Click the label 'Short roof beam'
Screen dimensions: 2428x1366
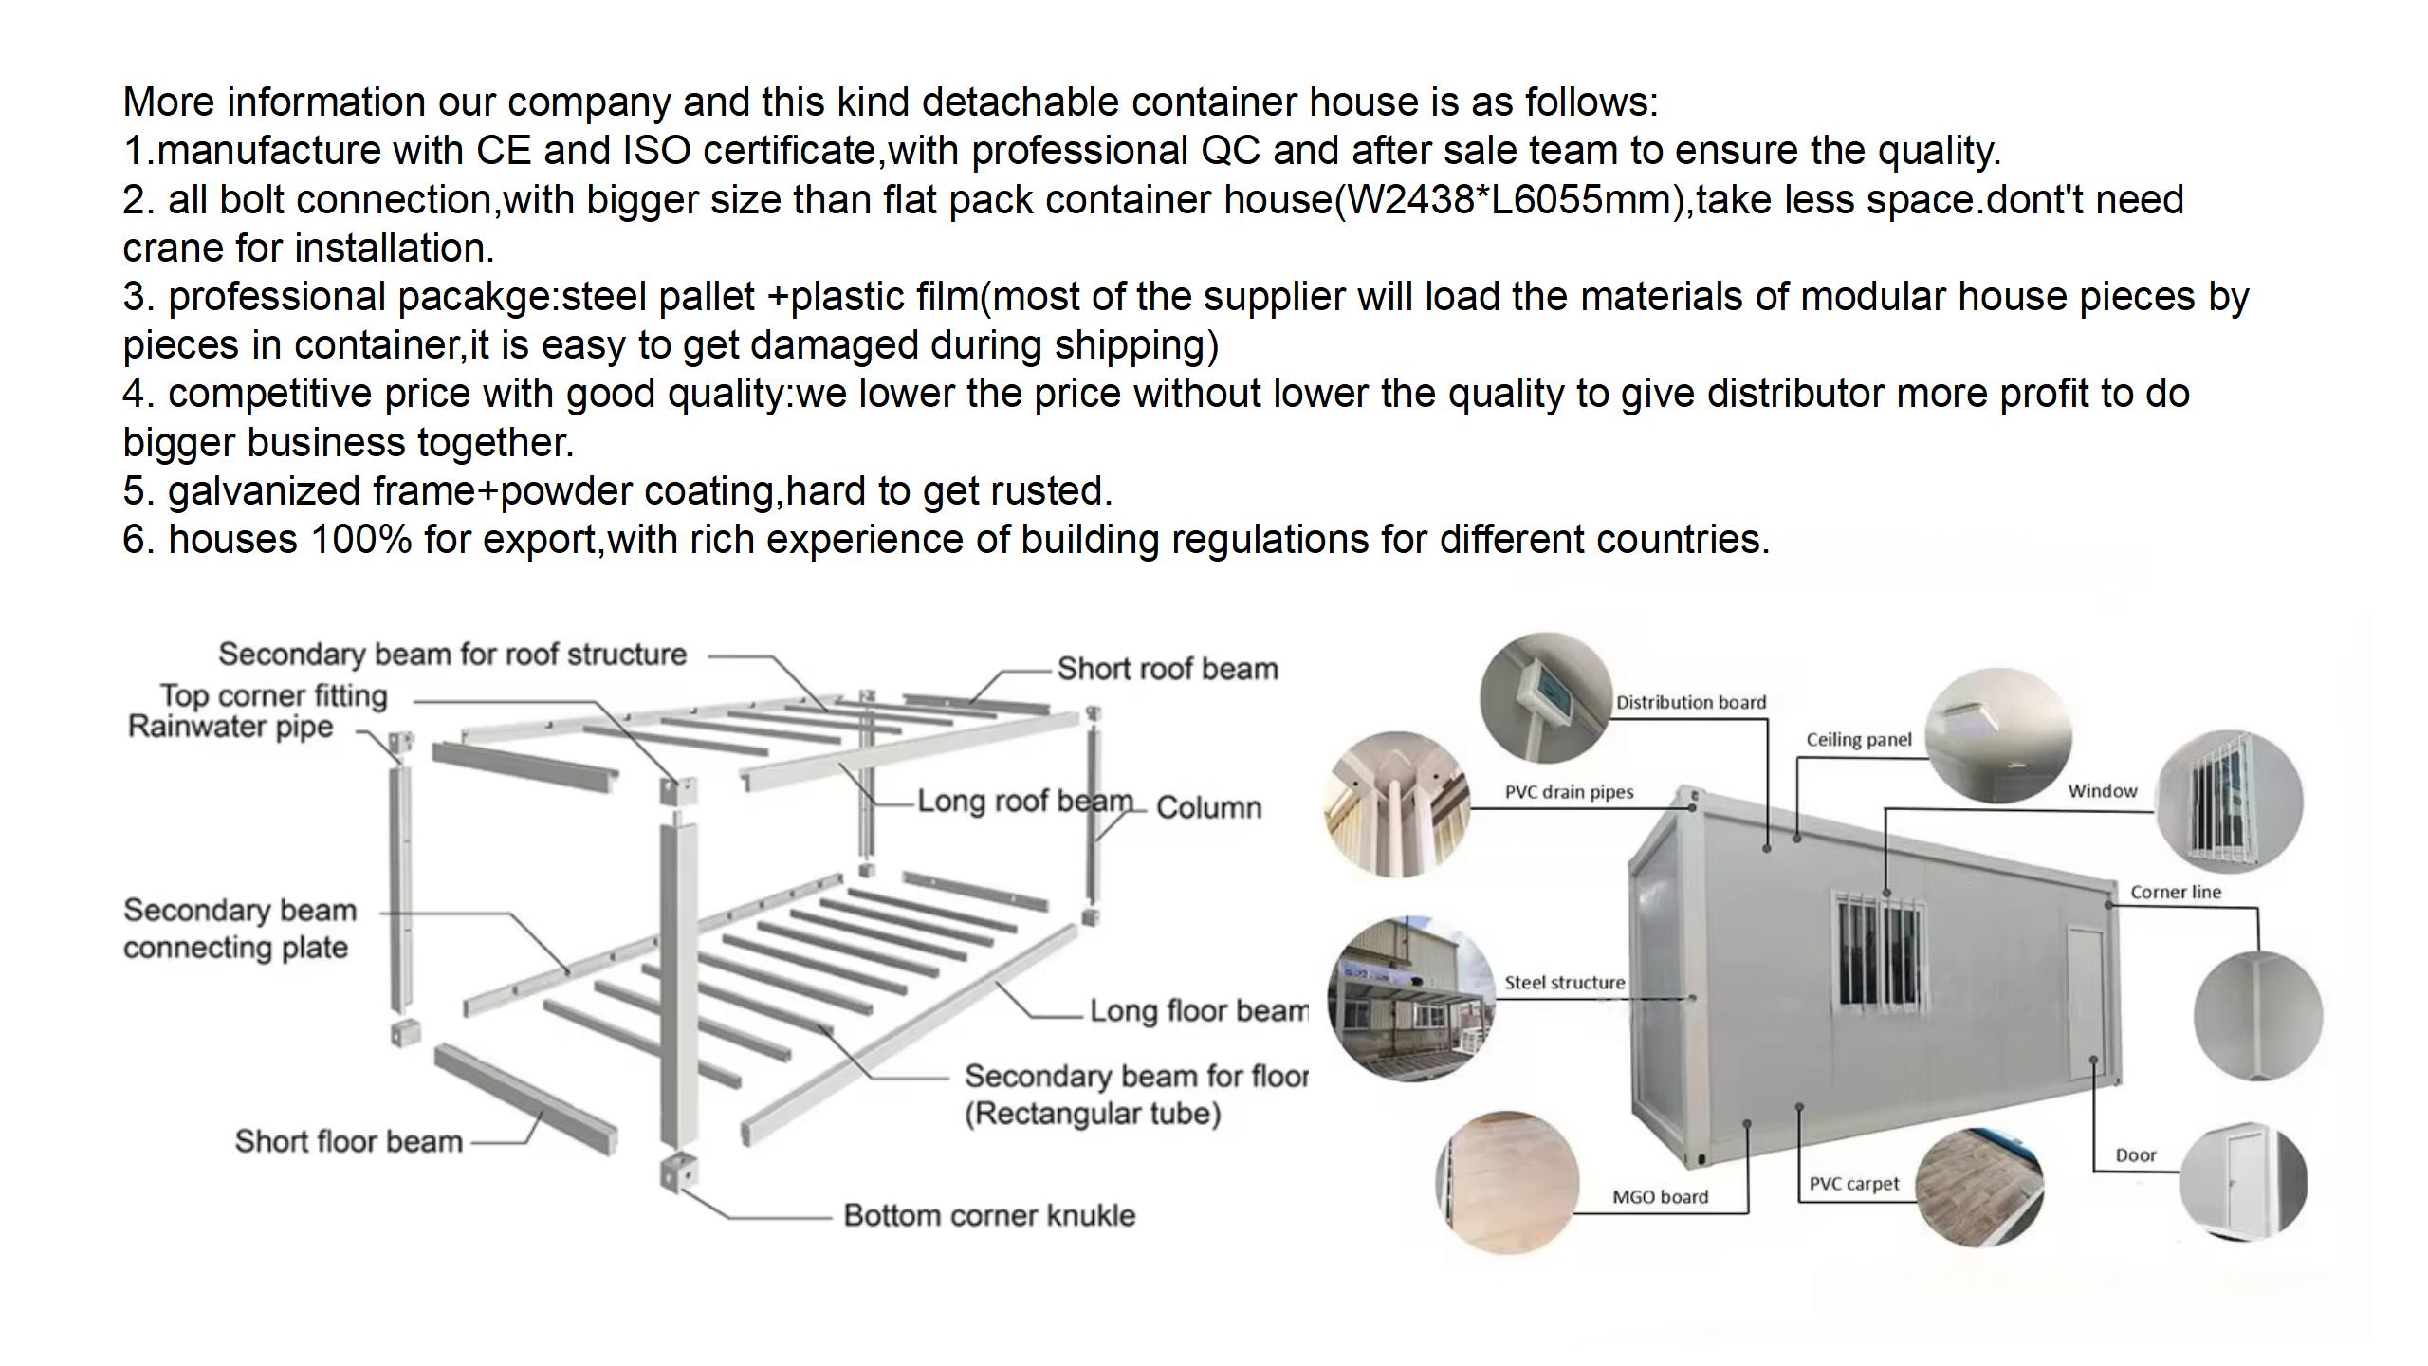point(1168,669)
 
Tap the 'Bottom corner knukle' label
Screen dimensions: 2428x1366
point(989,1215)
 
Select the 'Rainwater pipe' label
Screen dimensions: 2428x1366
point(230,728)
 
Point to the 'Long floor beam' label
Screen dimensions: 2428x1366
point(1199,1010)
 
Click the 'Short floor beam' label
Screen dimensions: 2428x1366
point(348,1141)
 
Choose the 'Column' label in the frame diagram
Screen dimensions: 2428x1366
point(1209,807)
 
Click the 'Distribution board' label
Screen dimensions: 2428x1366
point(1691,702)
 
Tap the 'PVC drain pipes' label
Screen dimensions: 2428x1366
point(1569,792)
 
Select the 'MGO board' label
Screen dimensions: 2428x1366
point(1660,1197)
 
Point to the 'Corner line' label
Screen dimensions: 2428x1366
point(2176,892)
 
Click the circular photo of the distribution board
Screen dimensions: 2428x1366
point(1547,697)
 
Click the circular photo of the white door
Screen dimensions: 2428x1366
point(2243,1183)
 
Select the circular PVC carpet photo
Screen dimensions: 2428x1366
point(1978,1187)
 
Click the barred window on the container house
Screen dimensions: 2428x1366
point(1879,951)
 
